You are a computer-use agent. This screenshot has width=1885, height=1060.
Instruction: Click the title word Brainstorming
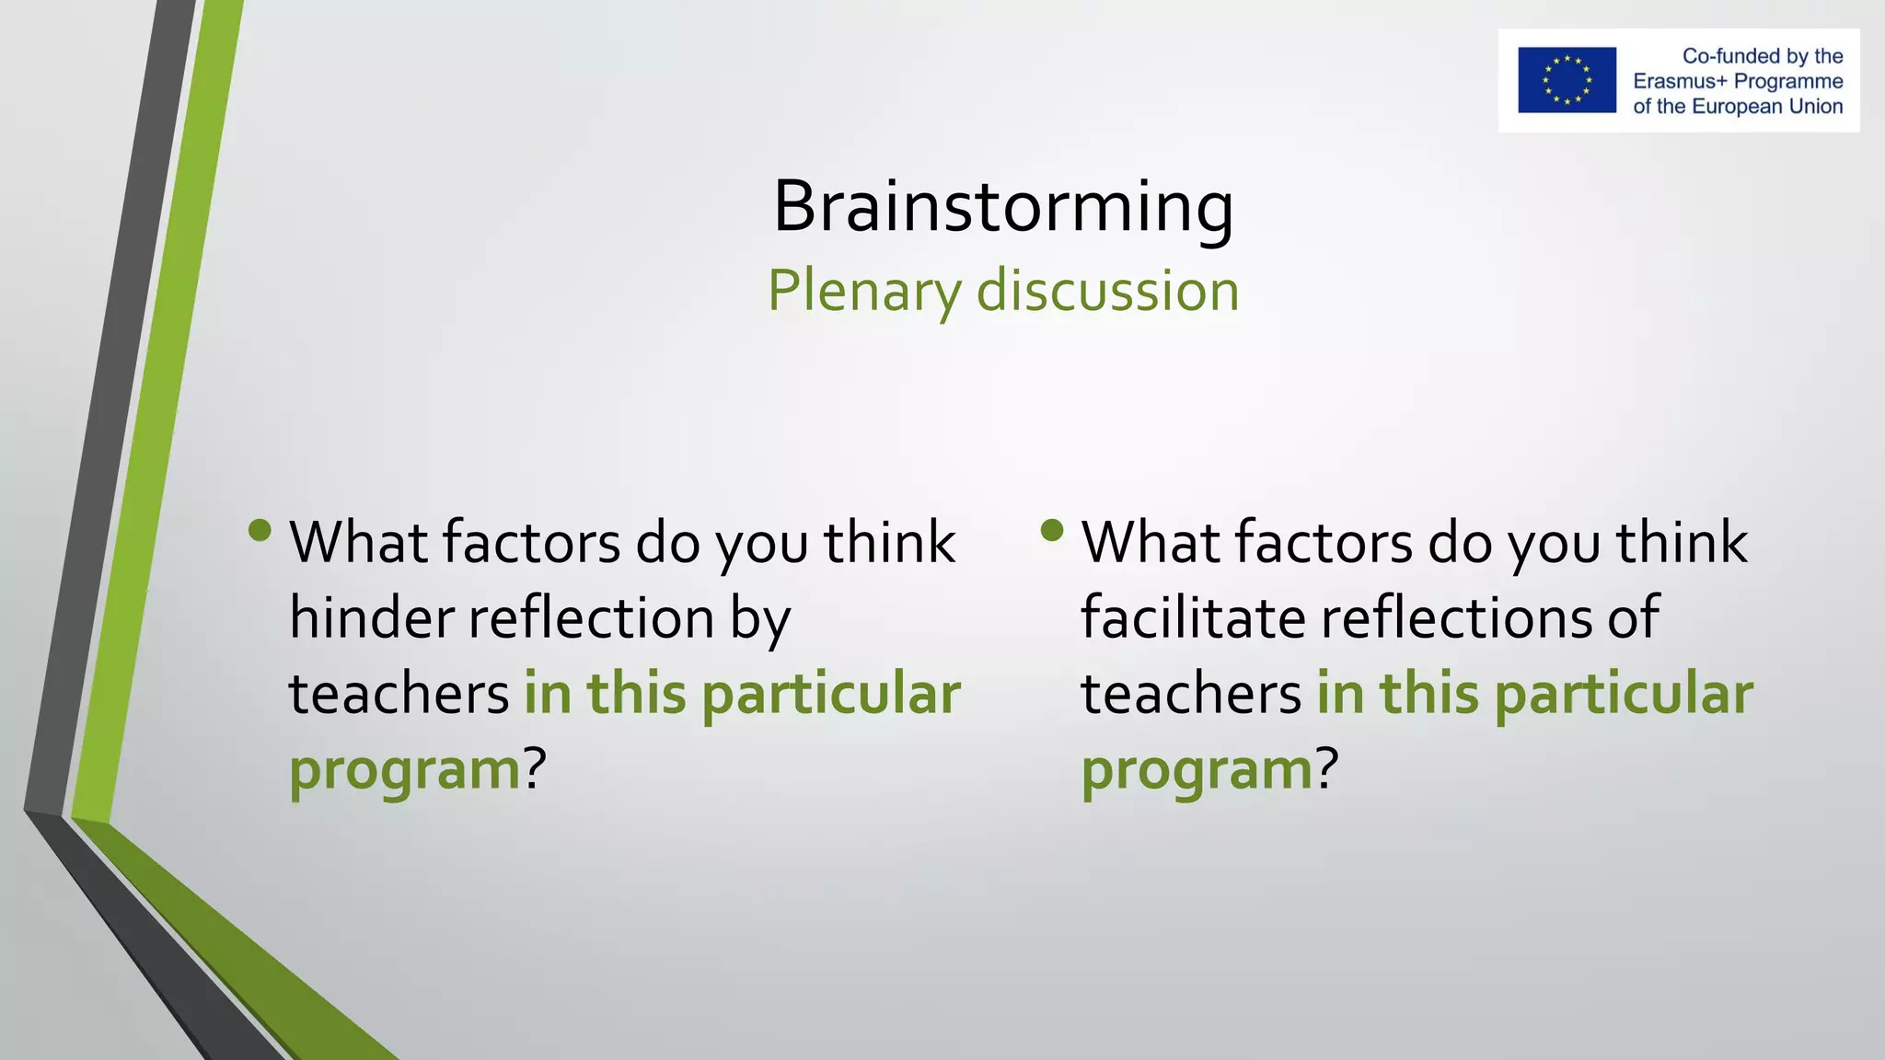[x=1002, y=206]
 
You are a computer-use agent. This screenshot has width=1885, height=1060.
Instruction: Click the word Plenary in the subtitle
[x=864, y=291]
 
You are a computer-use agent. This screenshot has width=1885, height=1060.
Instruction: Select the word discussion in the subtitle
[x=1107, y=291]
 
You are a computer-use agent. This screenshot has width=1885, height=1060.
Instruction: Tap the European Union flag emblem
[x=1567, y=80]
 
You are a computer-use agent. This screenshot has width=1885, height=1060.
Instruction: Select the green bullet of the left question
[x=260, y=530]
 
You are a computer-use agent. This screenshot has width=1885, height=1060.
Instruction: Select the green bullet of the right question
[x=1052, y=530]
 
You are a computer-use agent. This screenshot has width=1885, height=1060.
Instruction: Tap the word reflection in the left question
[x=592, y=617]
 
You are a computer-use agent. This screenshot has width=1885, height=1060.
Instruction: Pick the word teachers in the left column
[x=399, y=694]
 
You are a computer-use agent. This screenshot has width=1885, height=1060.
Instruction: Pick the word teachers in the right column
[x=1191, y=694]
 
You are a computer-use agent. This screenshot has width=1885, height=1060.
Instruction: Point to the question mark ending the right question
[x=1325, y=768]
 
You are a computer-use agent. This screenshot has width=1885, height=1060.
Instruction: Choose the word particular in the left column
[x=831, y=694]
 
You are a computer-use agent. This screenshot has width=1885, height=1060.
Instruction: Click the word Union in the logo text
[x=1815, y=107]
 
